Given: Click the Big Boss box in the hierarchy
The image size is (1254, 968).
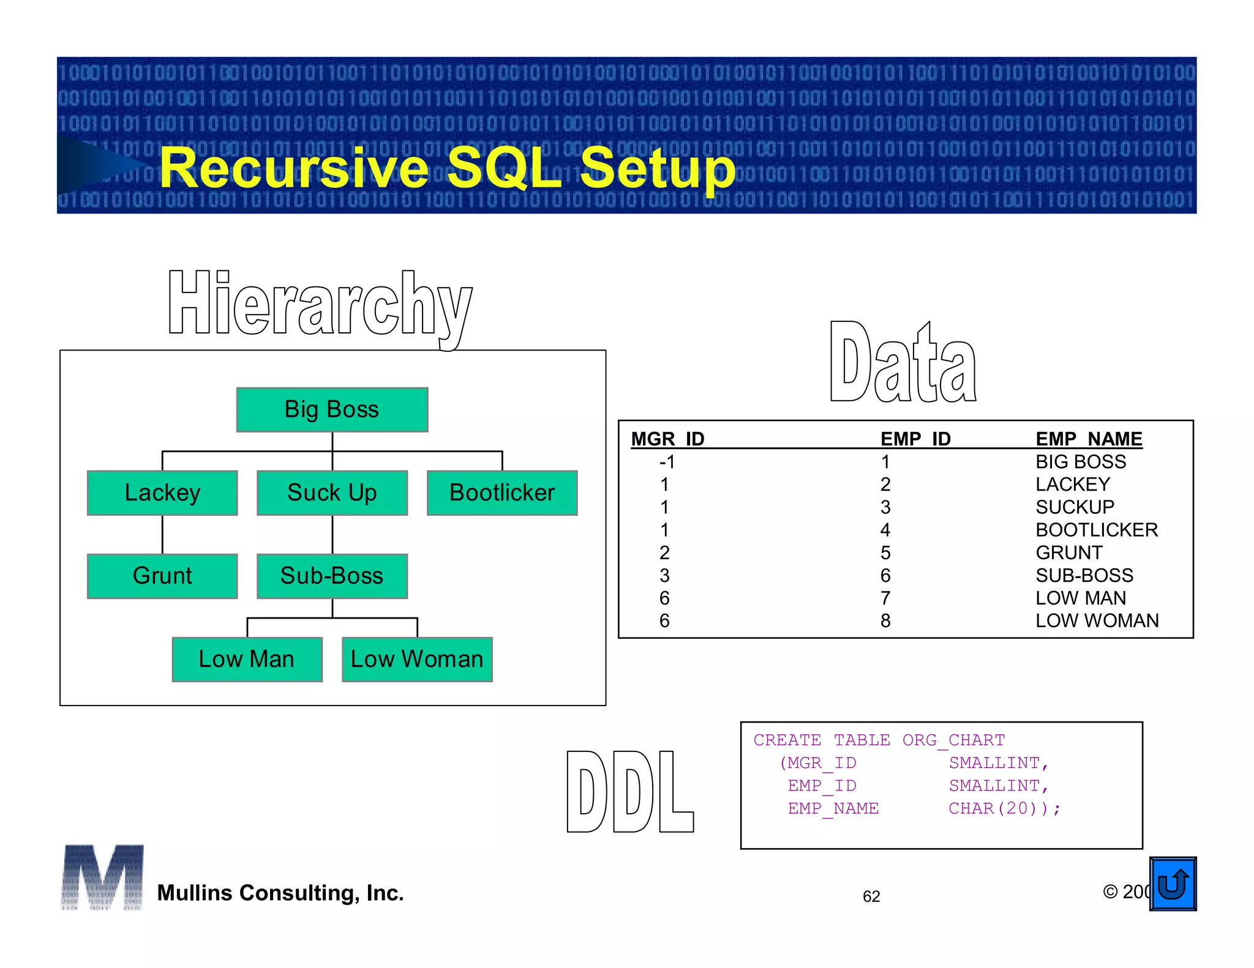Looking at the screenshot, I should tap(332, 409).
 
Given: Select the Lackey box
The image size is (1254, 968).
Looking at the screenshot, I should tap(162, 493).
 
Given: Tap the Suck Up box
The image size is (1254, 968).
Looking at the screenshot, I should tap(332, 493).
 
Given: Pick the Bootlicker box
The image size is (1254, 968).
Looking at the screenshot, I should tap(502, 493).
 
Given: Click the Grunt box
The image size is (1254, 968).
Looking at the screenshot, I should tap(162, 576).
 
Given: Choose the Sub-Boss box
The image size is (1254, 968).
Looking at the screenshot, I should tap(332, 576).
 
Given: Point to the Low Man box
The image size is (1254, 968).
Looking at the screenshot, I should tap(247, 659).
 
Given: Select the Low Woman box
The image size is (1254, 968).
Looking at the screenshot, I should tap(417, 659).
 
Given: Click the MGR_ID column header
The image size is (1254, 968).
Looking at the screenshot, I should tap(667, 439).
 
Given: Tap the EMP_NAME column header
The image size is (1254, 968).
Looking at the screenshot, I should tap(1089, 439).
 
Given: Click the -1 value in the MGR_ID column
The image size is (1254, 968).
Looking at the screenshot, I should tap(667, 462).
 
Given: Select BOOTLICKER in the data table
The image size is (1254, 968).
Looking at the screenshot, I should tap(1097, 530).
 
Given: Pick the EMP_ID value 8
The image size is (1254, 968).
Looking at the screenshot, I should tap(885, 621).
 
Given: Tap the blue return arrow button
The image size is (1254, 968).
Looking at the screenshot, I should tap(1173, 884).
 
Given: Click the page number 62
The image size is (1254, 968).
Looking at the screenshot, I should tap(871, 896).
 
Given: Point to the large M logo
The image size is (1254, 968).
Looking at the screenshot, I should tap(102, 877).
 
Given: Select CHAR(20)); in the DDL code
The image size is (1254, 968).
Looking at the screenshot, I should tap(1004, 808).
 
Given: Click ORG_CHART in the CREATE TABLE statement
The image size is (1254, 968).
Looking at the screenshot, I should tap(953, 740).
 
